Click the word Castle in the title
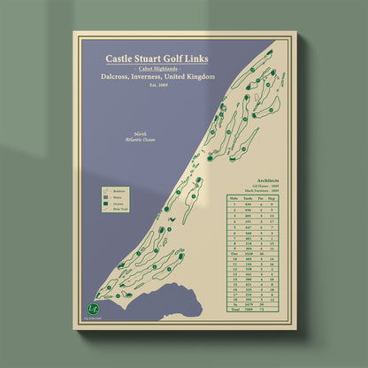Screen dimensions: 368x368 (x=120, y=60)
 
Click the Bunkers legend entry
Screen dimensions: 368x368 (x=116, y=189)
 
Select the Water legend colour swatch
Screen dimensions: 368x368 (x=105, y=196)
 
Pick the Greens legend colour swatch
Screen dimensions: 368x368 (x=105, y=203)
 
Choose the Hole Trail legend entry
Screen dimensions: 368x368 (x=116, y=211)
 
